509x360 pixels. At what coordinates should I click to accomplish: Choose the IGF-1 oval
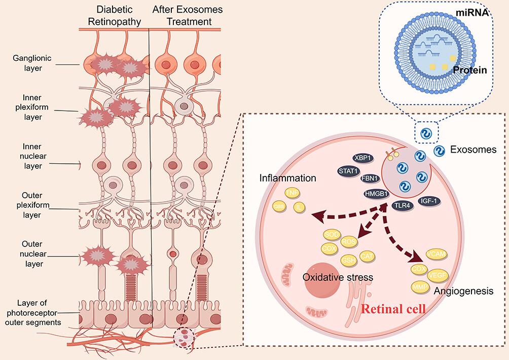(429, 201)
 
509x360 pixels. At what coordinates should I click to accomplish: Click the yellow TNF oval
(292, 193)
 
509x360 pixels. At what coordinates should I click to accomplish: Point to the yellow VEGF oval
(437, 274)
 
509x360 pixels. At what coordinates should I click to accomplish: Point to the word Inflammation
(288, 178)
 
